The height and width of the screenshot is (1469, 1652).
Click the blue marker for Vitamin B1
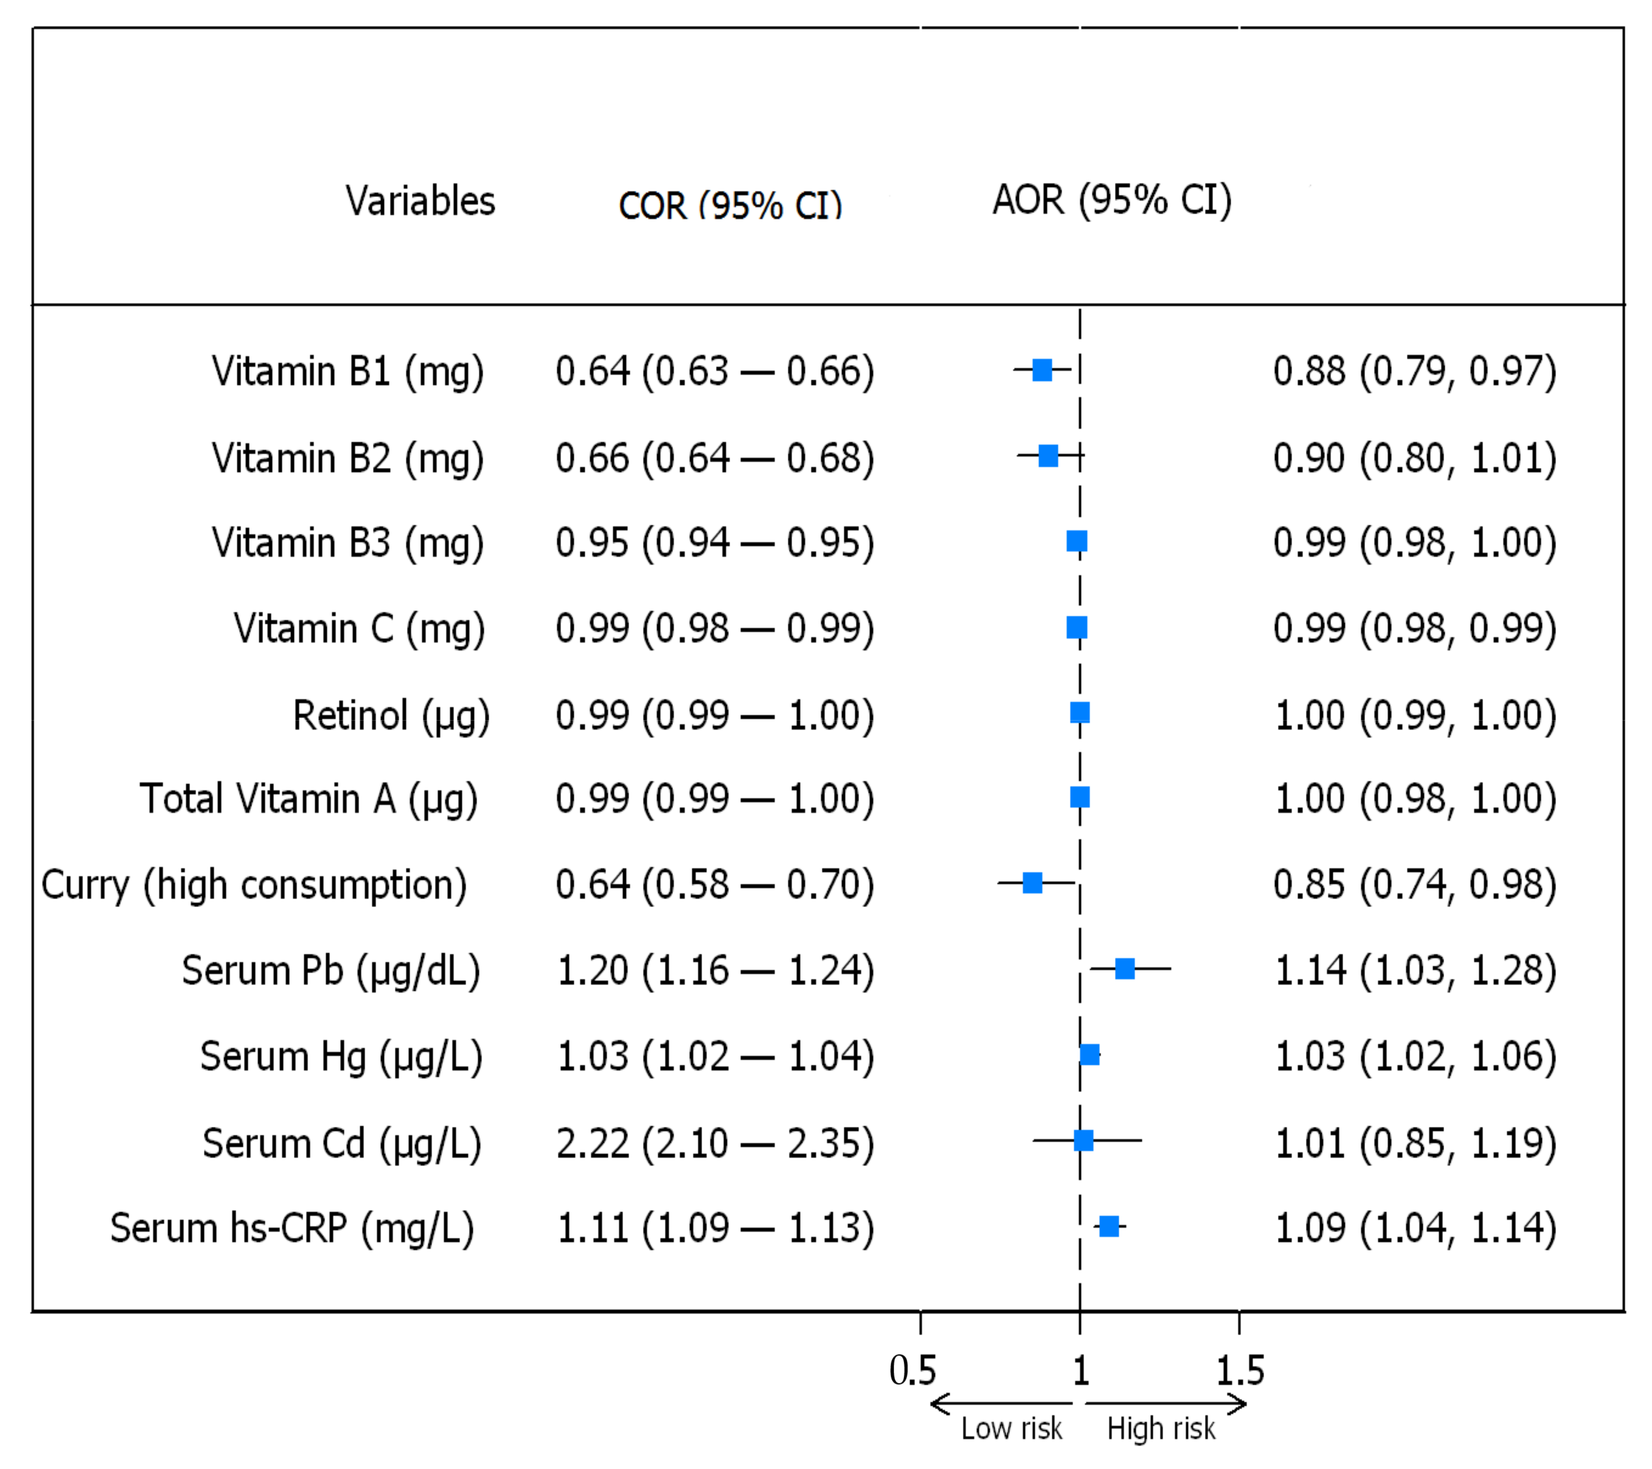pyautogui.click(x=1043, y=370)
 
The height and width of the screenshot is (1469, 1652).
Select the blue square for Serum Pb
pyautogui.click(x=1124, y=968)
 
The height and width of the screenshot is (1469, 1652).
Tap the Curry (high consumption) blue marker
pyautogui.click(x=1032, y=882)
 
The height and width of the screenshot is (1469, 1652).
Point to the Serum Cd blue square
pyautogui.click(x=1084, y=1140)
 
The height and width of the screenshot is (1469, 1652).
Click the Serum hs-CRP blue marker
pyautogui.click(x=1109, y=1226)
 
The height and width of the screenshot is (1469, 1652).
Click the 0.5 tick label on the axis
pyautogui.click(x=913, y=1371)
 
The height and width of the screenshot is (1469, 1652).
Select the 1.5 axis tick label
pyautogui.click(x=1240, y=1371)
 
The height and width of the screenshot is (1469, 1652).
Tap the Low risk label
pyautogui.click(x=1011, y=1429)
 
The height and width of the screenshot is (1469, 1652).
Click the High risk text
pyautogui.click(x=1161, y=1429)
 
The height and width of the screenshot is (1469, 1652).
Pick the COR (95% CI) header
pyautogui.click(x=730, y=205)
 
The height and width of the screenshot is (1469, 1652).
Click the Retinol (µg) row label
pyautogui.click(x=391, y=715)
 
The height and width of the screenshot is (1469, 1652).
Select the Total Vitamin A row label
pyautogui.click(x=309, y=799)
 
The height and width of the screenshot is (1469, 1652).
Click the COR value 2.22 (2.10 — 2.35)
pyautogui.click(x=715, y=1143)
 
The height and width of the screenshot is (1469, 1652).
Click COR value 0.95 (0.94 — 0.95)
pyautogui.click(x=715, y=542)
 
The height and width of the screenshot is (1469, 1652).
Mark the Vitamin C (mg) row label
pyautogui.click(x=359, y=628)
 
